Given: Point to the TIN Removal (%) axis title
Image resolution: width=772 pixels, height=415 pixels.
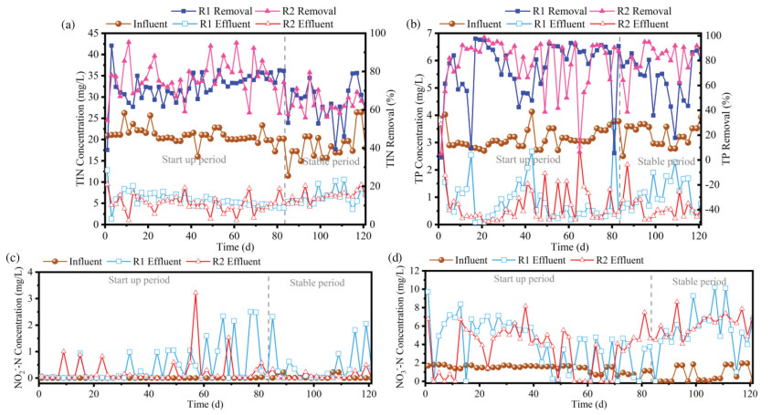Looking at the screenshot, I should point(394,128).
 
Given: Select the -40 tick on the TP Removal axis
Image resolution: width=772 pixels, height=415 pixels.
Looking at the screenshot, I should point(711,210).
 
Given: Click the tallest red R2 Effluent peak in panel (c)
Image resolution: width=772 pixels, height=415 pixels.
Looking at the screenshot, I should point(195,293).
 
